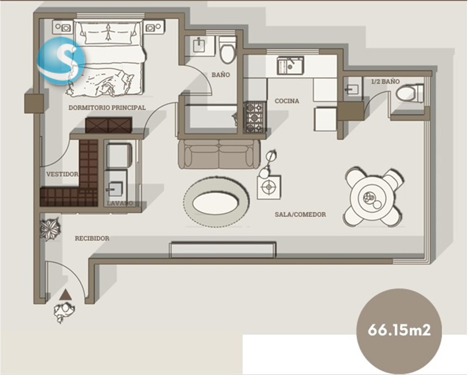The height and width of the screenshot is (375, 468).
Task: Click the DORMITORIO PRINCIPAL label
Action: [x=107, y=107]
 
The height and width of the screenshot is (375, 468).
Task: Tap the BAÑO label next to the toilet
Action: [x=221, y=74]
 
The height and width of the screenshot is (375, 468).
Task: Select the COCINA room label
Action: [x=287, y=101]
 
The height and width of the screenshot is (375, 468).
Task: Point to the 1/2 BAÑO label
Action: [x=386, y=81]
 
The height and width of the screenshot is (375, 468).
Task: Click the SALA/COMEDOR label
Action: [x=300, y=214]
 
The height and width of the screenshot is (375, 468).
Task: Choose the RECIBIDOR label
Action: [x=92, y=238]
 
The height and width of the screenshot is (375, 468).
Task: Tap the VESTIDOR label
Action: [x=62, y=174]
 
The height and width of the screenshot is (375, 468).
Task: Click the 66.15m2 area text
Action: [x=399, y=330]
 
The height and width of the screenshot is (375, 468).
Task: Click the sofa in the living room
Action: [x=219, y=154]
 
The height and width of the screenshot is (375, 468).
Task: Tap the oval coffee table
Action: [x=216, y=203]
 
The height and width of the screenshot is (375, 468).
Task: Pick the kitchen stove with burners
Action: [x=255, y=118]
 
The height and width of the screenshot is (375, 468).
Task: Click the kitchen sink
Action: [x=290, y=66]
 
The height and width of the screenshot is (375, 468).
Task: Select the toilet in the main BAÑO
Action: [x=228, y=50]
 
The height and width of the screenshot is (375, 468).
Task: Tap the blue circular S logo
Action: [x=61, y=61]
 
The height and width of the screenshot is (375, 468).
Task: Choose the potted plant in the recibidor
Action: [x=50, y=229]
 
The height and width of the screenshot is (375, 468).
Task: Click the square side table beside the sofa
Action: [x=269, y=187]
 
